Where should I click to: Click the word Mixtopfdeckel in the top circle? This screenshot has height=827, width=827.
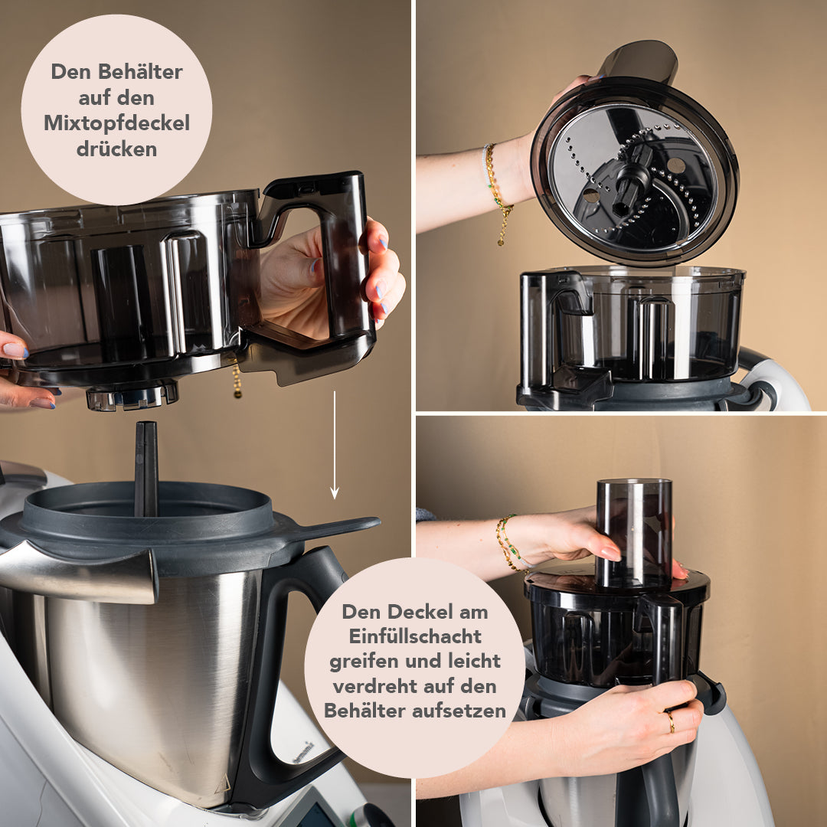(x=116, y=123)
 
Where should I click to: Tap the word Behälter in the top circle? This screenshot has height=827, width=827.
(x=140, y=72)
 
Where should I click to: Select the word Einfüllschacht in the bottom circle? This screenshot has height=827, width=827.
(x=415, y=636)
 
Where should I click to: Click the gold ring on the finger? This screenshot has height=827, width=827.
(x=670, y=721)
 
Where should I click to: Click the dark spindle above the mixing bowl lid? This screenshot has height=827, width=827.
(x=145, y=468)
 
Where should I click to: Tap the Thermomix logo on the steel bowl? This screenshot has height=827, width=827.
(x=302, y=752)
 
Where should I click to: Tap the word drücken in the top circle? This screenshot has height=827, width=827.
(x=116, y=149)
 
